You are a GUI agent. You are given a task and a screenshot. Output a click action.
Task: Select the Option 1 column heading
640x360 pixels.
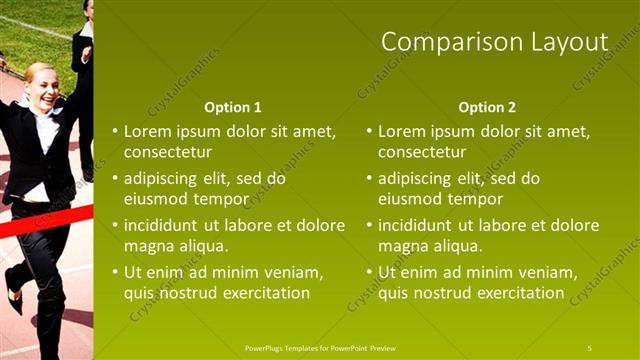[x=232, y=107]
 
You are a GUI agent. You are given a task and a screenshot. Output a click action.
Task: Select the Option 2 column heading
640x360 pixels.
[x=487, y=107]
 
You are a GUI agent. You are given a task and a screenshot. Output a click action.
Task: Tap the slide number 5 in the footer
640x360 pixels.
[x=590, y=347]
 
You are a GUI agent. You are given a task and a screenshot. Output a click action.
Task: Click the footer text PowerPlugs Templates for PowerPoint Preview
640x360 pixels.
[x=320, y=347]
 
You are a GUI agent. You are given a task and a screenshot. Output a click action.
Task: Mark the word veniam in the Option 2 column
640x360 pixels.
[x=549, y=272]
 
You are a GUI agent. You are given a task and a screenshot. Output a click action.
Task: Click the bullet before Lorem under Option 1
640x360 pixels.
[x=115, y=131]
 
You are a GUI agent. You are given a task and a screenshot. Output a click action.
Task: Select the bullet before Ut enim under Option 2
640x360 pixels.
[x=369, y=272]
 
